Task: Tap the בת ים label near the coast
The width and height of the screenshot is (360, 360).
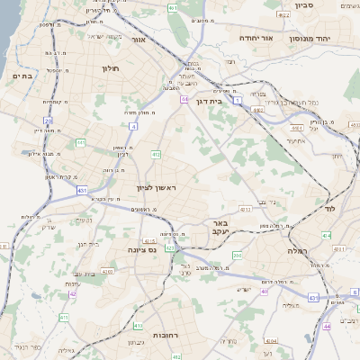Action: [22, 76]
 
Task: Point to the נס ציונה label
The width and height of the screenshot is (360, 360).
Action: [141, 249]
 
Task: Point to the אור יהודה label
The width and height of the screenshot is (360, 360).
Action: [258, 39]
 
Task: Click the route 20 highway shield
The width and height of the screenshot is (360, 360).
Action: [47, 120]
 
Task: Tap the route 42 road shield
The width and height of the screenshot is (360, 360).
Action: [73, 293]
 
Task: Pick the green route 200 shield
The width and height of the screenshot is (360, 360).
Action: [238, 256]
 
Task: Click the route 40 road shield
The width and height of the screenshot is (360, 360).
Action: [264, 292]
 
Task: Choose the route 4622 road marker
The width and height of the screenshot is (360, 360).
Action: [283, 14]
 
